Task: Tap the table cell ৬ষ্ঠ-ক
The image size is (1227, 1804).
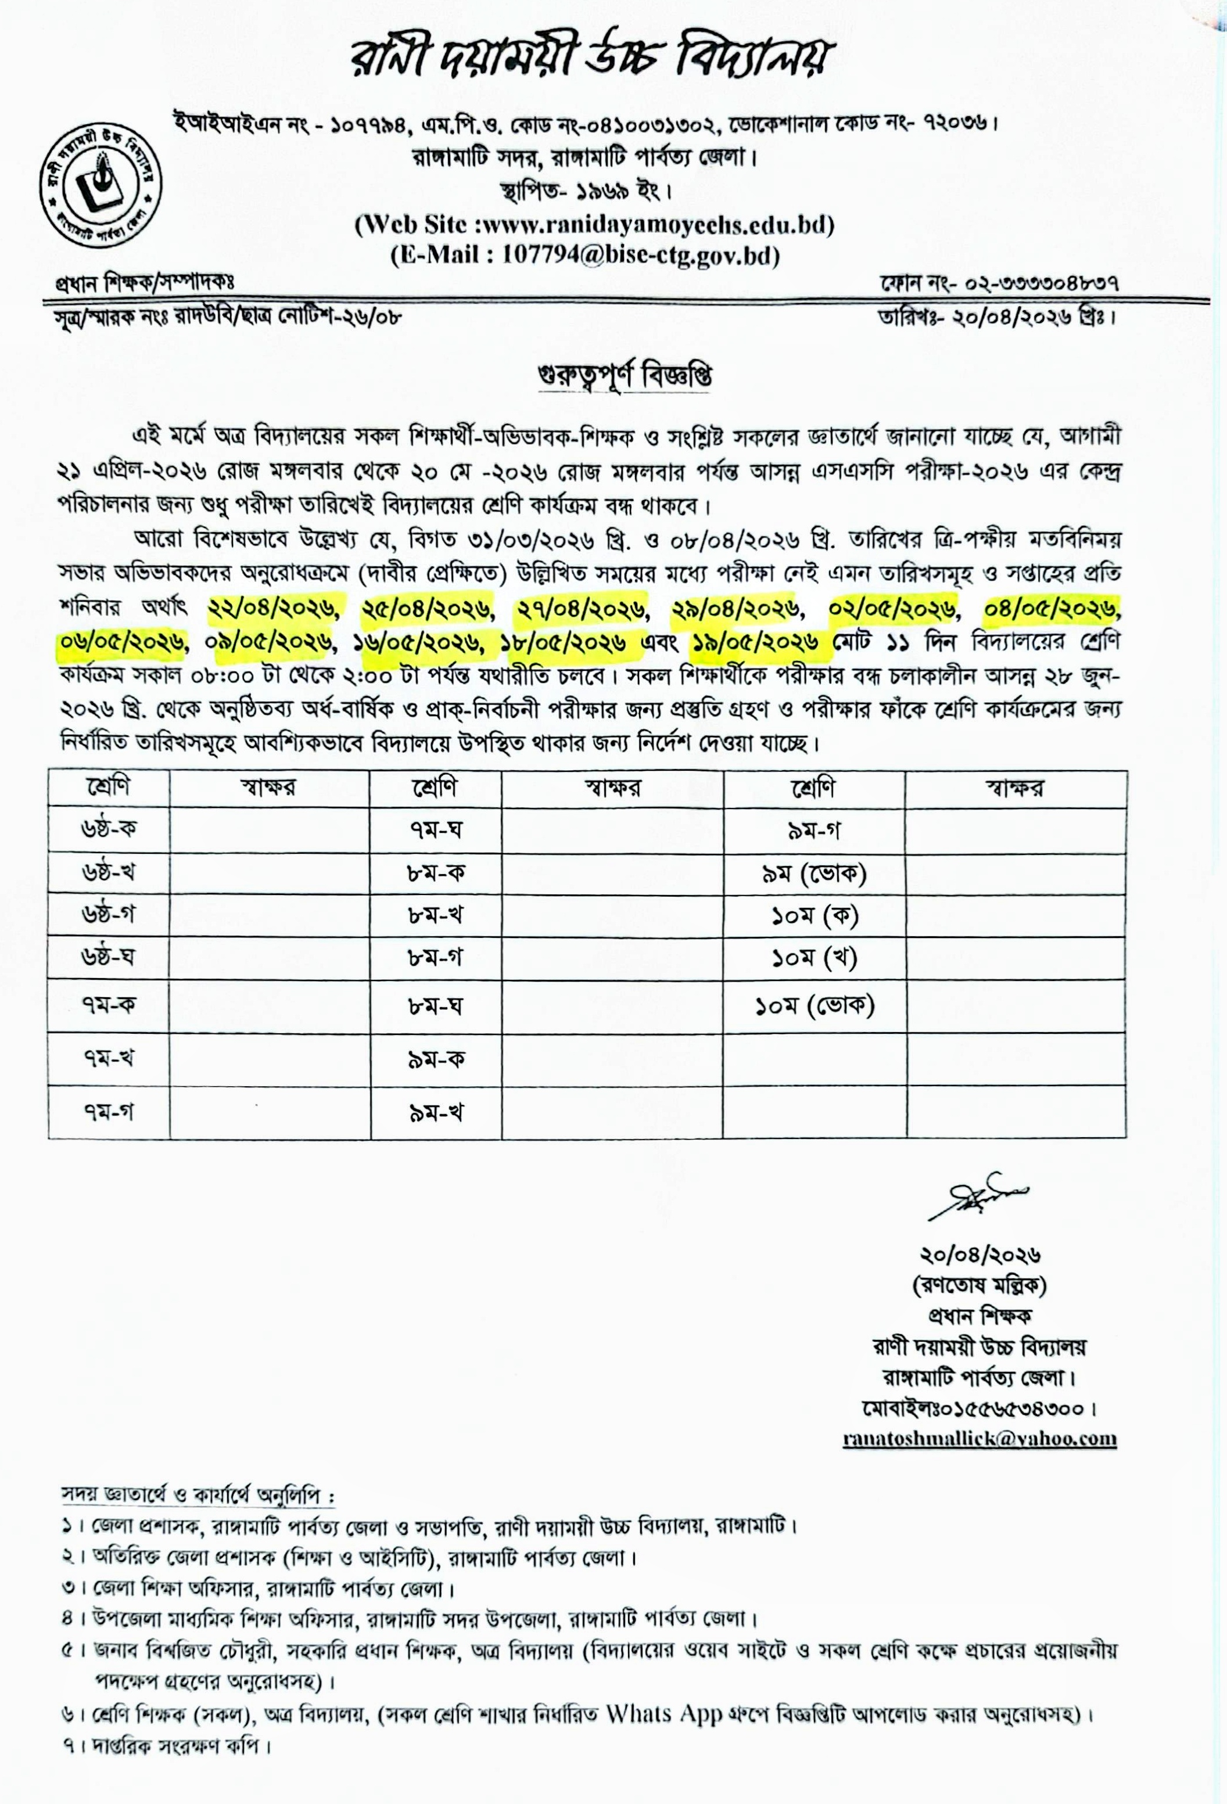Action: tap(109, 829)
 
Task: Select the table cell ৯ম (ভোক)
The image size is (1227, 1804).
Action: tap(813, 874)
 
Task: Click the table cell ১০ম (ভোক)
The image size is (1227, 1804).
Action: tap(814, 1005)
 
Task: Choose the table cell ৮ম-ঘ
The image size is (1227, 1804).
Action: tap(436, 1005)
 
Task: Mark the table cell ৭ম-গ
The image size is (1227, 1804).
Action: tap(109, 1112)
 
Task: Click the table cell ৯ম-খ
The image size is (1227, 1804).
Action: tap(436, 1112)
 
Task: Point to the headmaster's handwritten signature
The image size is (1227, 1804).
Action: tap(978, 1198)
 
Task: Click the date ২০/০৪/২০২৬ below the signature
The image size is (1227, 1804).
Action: tap(980, 1255)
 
